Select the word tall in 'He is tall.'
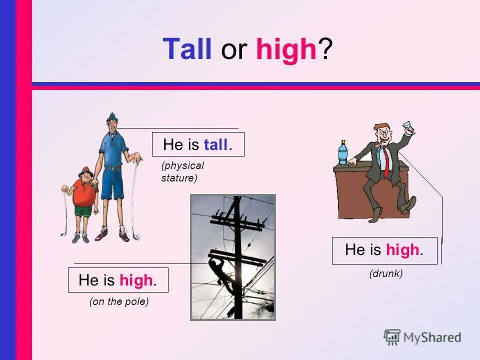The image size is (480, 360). pos(216,145)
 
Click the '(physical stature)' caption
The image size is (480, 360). pos(182,171)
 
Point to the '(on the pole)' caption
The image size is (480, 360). pos(119,301)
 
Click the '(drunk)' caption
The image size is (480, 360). pos(386,273)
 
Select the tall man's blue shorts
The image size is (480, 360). pos(113,183)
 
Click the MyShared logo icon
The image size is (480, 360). pos(392,337)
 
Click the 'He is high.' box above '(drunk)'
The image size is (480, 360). pos(384,250)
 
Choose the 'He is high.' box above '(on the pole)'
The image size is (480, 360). pos(118,280)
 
